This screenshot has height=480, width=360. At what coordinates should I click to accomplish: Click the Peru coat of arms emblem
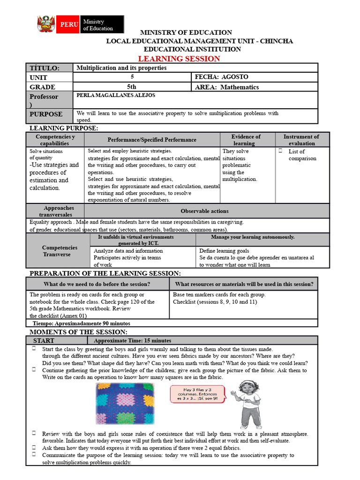point(46,24)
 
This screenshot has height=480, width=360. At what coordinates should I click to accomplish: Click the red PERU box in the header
point(67,25)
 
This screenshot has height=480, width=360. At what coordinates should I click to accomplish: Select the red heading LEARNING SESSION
point(178,59)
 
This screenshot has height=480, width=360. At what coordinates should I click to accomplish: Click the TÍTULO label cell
point(45,68)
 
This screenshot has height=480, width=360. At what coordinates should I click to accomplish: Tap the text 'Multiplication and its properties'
point(121,68)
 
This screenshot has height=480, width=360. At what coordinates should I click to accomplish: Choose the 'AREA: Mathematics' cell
point(226,87)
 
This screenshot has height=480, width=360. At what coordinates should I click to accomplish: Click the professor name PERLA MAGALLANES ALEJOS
point(115,95)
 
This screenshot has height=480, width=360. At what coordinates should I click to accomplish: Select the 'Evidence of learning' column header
point(246,140)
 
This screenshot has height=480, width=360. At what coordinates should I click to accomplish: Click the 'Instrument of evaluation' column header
point(301,140)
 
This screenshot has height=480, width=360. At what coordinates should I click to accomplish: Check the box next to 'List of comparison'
point(280,151)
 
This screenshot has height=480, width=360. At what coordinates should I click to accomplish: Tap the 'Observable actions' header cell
point(204,211)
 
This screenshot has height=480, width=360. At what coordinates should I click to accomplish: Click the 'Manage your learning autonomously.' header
point(253,237)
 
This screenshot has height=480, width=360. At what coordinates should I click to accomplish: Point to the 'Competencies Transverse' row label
point(60,251)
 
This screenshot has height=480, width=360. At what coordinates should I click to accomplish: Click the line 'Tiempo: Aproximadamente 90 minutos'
point(81,323)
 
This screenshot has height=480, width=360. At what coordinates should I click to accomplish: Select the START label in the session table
point(44,341)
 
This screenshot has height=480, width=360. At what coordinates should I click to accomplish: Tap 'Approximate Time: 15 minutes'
point(132,341)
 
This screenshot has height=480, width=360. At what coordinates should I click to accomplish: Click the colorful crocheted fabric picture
point(125,403)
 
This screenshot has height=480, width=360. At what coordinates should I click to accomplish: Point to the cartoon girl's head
point(247,388)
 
